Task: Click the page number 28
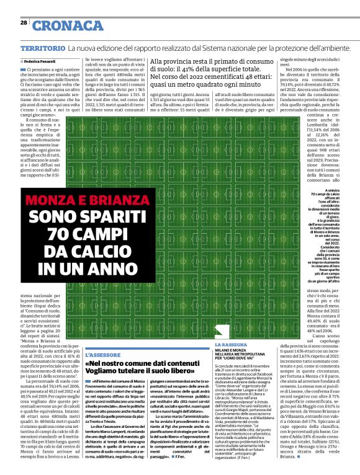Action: (x=24, y=22)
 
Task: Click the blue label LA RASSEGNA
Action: (x=232, y=344)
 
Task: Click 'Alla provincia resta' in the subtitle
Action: (x=184, y=61)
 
